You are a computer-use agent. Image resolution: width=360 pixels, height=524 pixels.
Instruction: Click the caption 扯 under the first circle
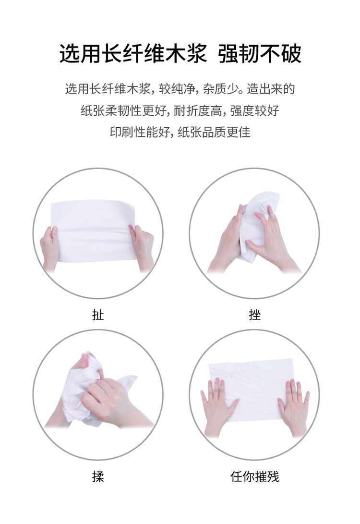tap(98, 315)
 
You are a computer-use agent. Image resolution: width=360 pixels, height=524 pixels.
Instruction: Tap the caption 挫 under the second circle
tap(255, 315)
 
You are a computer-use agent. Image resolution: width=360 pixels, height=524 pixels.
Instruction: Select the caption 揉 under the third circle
tap(98, 476)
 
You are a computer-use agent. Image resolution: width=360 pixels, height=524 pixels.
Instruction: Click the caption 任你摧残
tap(254, 476)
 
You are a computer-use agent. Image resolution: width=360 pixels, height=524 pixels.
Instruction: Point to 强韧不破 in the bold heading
tap(260, 53)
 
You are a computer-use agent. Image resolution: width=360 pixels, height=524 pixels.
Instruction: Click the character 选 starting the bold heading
tap(70, 53)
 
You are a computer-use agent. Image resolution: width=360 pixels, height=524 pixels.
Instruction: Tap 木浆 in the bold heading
tap(186, 53)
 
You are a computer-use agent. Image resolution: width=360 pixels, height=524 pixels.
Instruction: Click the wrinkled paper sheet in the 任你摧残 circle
tap(251, 391)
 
